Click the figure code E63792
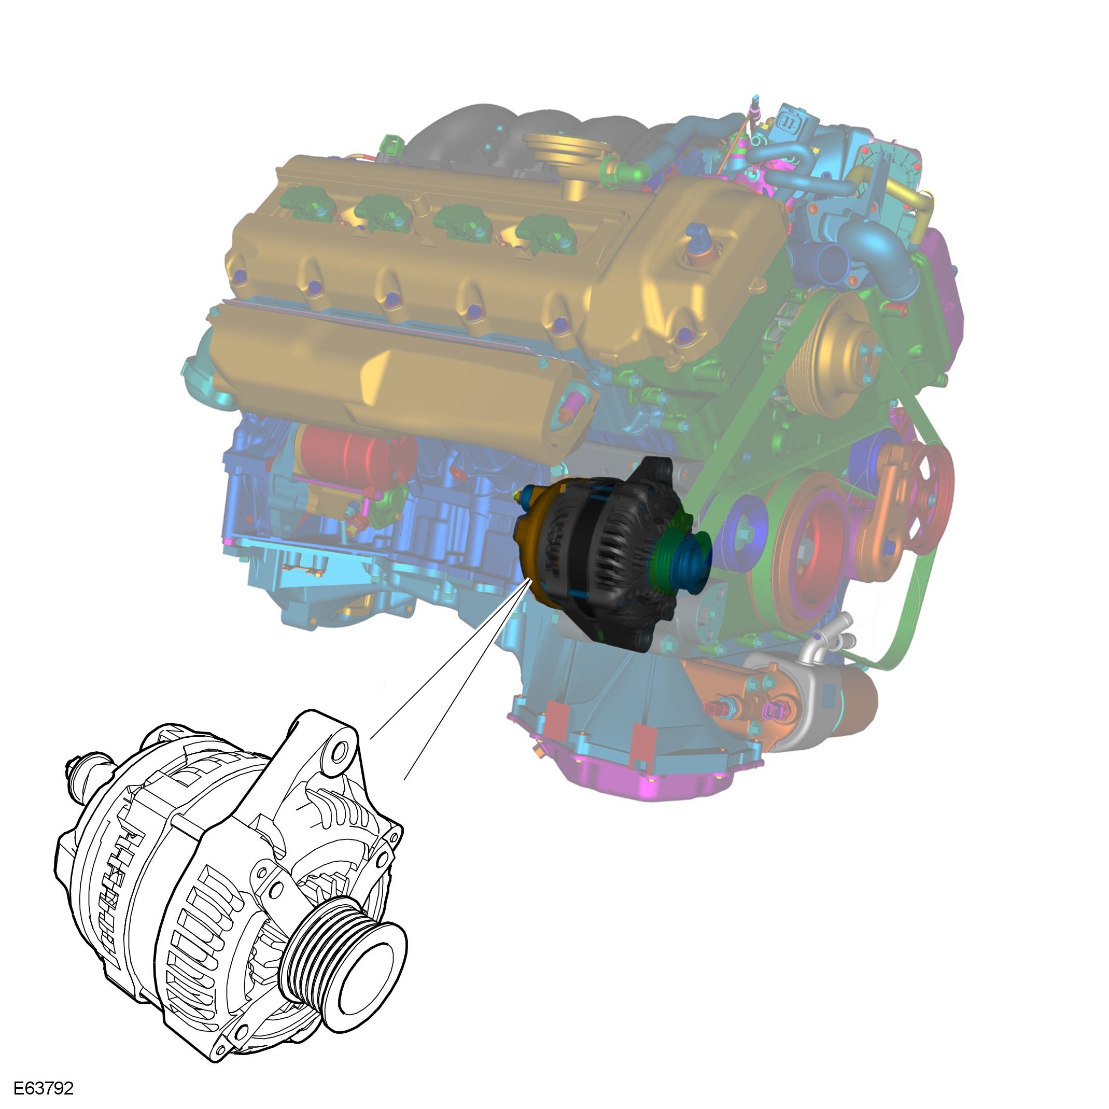[x=44, y=1089]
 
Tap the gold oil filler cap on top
[x=568, y=146]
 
